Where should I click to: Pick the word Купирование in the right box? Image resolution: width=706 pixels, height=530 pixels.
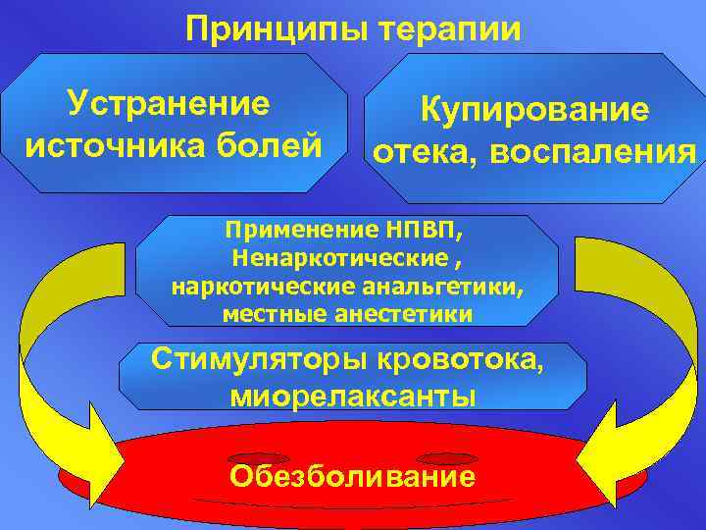534,110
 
